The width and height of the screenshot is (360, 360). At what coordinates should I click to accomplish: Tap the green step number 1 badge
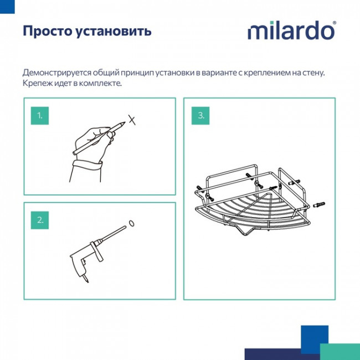click(x=40, y=116)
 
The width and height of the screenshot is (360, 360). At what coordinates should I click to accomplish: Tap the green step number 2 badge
click(x=40, y=220)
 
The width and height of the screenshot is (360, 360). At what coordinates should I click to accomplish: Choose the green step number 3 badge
click(x=200, y=116)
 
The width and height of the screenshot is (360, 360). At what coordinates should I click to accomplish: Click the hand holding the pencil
click(x=94, y=138)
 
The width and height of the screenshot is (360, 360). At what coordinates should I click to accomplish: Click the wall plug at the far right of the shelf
click(x=321, y=205)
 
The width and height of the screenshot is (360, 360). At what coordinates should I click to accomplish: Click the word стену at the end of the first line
click(x=311, y=73)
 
